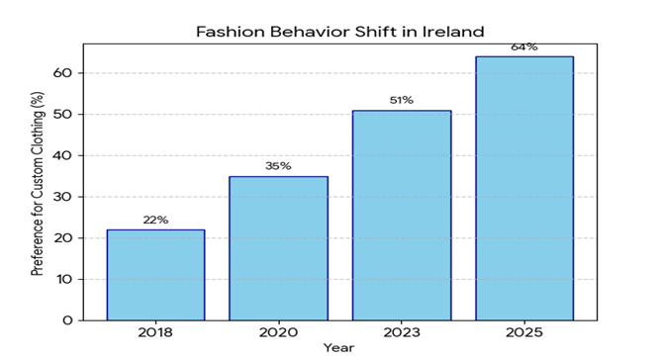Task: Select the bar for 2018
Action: point(155,275)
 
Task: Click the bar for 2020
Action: point(279,248)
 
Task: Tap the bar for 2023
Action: point(402,216)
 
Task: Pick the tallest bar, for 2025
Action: point(524,189)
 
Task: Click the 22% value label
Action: point(155,220)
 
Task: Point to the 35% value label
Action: point(278,166)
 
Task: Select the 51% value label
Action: point(402,100)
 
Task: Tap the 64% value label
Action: point(524,46)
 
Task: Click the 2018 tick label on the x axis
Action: point(155,332)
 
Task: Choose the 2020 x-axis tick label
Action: point(279,332)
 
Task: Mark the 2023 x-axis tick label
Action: point(402,332)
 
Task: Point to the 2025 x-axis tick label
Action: point(524,332)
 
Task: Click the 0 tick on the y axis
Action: point(67,320)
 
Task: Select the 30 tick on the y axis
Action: point(63,197)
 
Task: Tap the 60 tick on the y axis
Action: point(63,72)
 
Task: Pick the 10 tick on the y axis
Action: point(63,279)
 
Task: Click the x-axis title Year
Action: point(338,348)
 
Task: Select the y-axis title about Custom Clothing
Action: point(38,184)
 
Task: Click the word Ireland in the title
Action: point(453,32)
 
